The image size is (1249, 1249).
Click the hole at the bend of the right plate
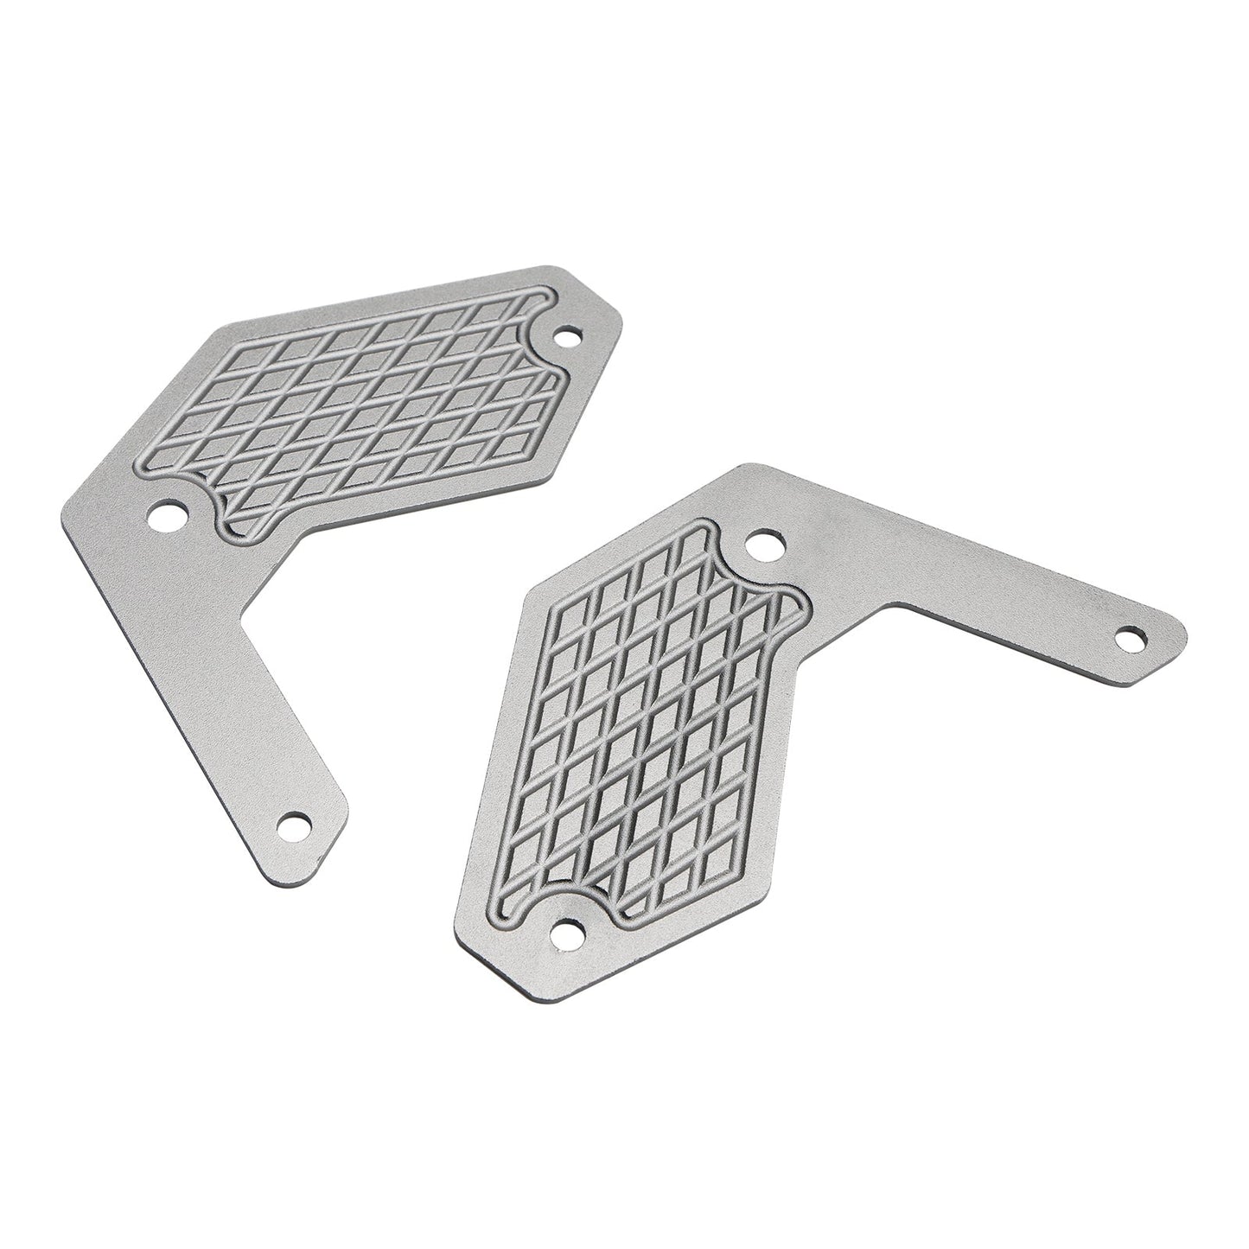[x=763, y=545]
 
